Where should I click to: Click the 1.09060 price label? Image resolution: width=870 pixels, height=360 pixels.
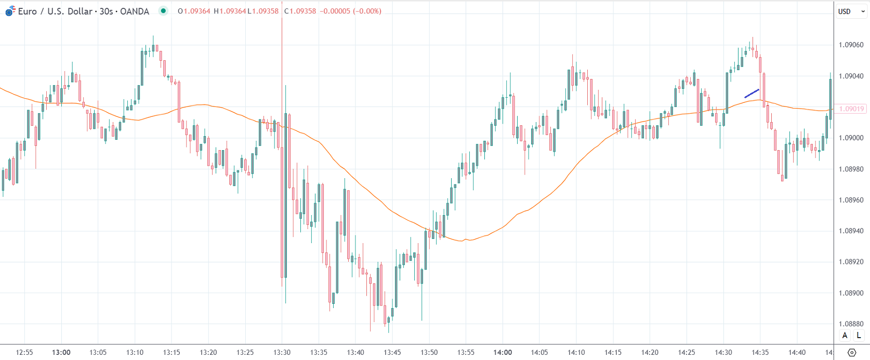(851, 45)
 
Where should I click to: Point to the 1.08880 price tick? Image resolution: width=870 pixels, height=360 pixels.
(851, 324)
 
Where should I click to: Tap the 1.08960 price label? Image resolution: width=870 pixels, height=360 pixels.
(851, 200)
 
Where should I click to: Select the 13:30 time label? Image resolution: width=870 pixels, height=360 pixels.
(282, 352)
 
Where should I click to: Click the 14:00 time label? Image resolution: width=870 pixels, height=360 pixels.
(503, 352)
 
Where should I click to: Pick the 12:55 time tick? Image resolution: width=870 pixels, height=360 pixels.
(24, 352)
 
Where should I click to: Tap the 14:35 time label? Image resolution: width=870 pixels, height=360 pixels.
(760, 352)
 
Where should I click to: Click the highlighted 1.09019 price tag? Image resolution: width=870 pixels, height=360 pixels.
(851, 109)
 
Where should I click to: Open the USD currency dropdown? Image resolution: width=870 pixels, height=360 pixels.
(851, 11)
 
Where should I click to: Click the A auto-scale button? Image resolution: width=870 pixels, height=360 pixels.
(845, 336)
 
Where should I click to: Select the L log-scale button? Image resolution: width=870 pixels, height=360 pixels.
(859, 336)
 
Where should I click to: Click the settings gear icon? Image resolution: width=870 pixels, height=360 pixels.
(851, 352)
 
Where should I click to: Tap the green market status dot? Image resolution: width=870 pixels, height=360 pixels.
(163, 11)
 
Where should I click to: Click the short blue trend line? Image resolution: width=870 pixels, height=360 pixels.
(752, 94)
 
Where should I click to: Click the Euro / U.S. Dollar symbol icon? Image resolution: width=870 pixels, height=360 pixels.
(10, 11)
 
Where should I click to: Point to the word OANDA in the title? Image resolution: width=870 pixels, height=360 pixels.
(134, 11)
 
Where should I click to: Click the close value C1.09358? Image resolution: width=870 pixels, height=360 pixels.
(300, 11)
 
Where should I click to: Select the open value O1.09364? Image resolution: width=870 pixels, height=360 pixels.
(194, 11)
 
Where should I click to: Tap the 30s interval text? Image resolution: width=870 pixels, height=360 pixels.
(106, 11)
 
